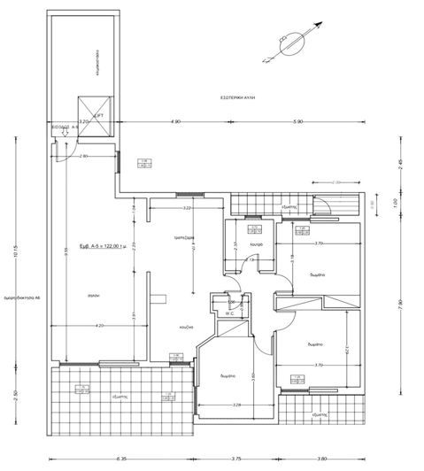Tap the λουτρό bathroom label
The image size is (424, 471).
pyautogui.click(x=257, y=243)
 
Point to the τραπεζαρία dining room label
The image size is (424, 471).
pyautogui.click(x=183, y=237)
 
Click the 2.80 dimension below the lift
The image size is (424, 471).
pyautogui.click(x=83, y=156)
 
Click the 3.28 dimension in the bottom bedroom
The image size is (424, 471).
pyautogui.click(x=236, y=405)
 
